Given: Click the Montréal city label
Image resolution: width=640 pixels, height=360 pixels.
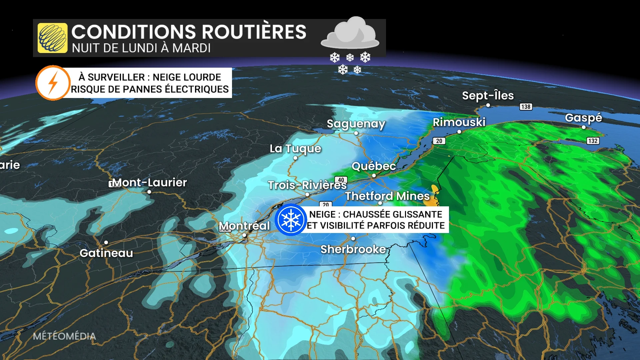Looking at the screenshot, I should [244, 226].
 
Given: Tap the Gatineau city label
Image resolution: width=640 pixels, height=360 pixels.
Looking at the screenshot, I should [106, 253].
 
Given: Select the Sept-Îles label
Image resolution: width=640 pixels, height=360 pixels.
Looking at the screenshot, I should [488, 96].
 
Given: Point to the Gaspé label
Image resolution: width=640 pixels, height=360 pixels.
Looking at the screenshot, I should [583, 118].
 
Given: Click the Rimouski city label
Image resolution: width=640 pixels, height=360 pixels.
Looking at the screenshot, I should [459, 122].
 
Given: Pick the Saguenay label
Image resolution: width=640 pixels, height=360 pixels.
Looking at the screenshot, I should [356, 124].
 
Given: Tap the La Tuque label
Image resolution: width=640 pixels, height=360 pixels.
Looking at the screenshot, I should [295, 149].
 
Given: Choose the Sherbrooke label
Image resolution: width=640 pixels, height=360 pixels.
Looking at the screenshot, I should [353, 249].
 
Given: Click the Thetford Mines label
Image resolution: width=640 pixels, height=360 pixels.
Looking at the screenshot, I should [387, 196].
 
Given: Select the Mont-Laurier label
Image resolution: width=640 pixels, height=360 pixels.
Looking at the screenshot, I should [150, 182].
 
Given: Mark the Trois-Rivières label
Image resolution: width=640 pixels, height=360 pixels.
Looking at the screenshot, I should [307, 185].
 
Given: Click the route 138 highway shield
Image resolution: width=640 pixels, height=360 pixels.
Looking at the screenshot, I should [526, 107].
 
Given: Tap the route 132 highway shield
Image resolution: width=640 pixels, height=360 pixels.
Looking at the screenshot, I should [593, 141].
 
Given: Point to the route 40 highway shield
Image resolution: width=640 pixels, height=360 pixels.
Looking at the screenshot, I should [341, 180].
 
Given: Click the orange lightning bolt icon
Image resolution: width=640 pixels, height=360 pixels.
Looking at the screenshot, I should [53, 83].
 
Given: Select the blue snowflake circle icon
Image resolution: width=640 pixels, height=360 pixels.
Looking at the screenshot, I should [291, 220].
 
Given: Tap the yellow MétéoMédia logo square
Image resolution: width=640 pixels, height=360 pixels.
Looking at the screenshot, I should [53, 38].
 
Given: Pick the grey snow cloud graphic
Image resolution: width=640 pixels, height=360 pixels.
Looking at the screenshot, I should [350, 33].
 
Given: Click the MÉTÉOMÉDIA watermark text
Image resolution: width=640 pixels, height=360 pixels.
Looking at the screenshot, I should [64, 336].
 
